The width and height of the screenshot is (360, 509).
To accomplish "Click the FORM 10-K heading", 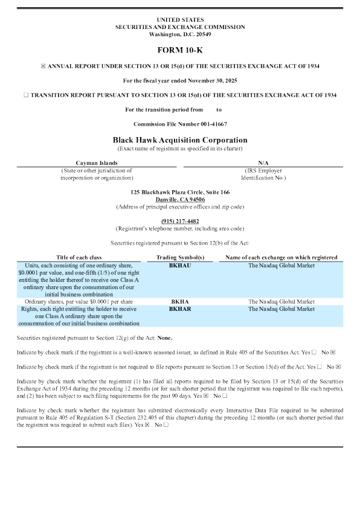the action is click(x=179, y=50).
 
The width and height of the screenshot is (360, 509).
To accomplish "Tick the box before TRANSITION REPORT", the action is click(x=25, y=95).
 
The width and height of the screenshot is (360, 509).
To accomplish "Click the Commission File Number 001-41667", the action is click(x=179, y=124).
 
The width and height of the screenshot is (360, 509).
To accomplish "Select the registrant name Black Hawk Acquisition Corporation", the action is click(x=179, y=139).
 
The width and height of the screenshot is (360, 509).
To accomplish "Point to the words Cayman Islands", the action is click(x=97, y=162).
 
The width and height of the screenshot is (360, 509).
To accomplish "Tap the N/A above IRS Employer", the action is click(x=263, y=162).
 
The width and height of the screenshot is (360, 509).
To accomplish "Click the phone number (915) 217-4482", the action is click(x=179, y=222).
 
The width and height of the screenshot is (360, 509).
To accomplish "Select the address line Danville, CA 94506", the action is click(x=179, y=199).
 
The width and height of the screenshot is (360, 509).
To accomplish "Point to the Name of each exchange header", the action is click(x=281, y=257).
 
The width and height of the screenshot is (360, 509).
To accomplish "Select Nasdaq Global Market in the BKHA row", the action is click(x=281, y=301).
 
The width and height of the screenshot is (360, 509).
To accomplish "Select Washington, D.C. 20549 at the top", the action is click(x=179, y=34).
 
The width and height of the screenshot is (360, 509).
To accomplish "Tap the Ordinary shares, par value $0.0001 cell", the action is click(x=80, y=301).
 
